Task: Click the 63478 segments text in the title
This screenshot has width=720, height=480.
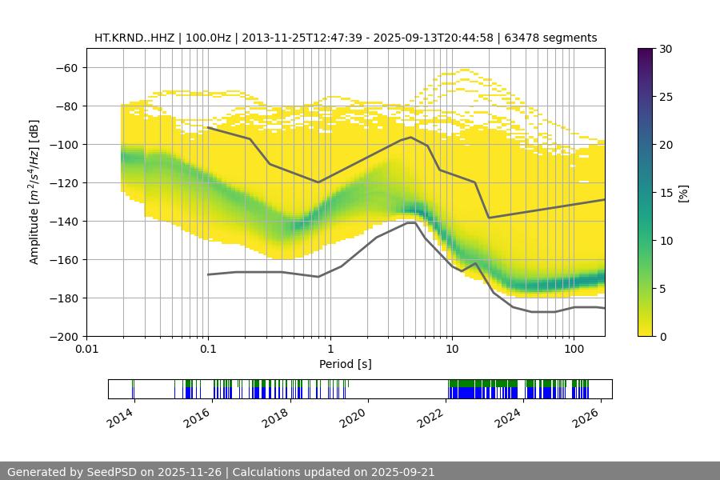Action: click(561, 38)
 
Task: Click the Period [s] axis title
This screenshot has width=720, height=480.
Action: click(346, 365)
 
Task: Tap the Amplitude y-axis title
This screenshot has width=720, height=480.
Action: click(34, 192)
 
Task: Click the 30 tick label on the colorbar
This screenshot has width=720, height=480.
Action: click(665, 49)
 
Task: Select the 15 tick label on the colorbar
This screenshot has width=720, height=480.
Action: click(665, 193)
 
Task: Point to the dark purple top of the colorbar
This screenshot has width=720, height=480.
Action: click(646, 53)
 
